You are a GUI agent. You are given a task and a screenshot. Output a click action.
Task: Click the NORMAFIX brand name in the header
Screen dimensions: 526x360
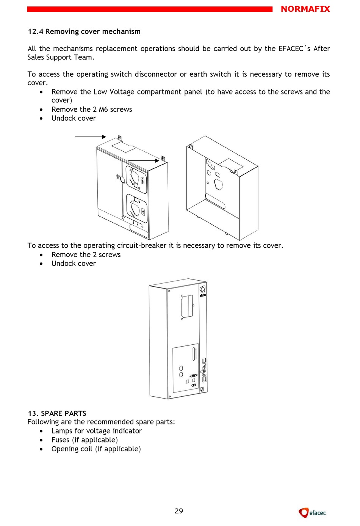point(305,9)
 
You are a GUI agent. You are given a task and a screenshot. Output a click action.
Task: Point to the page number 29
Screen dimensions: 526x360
point(179,511)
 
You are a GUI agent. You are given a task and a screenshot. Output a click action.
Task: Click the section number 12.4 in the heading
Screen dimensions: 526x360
point(35,31)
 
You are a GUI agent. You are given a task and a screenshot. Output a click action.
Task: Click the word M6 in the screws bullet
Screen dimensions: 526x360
point(103,109)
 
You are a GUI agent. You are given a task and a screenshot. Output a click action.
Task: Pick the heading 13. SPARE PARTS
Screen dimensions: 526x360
point(57,413)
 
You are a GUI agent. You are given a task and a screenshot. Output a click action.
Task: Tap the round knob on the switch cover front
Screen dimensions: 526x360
point(122,180)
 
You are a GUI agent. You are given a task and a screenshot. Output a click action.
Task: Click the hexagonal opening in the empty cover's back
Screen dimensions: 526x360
point(219,185)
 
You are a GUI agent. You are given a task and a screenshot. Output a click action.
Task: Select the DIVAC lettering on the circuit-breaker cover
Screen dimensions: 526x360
point(204,370)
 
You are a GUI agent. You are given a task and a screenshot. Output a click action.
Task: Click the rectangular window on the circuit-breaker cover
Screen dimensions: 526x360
point(187,306)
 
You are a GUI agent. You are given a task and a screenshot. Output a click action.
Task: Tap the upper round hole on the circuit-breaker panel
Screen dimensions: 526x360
point(181,368)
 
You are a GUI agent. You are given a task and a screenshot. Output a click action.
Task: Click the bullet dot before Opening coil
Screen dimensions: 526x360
point(41,449)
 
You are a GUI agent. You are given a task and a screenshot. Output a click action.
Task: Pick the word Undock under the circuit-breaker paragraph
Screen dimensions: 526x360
point(63,264)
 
